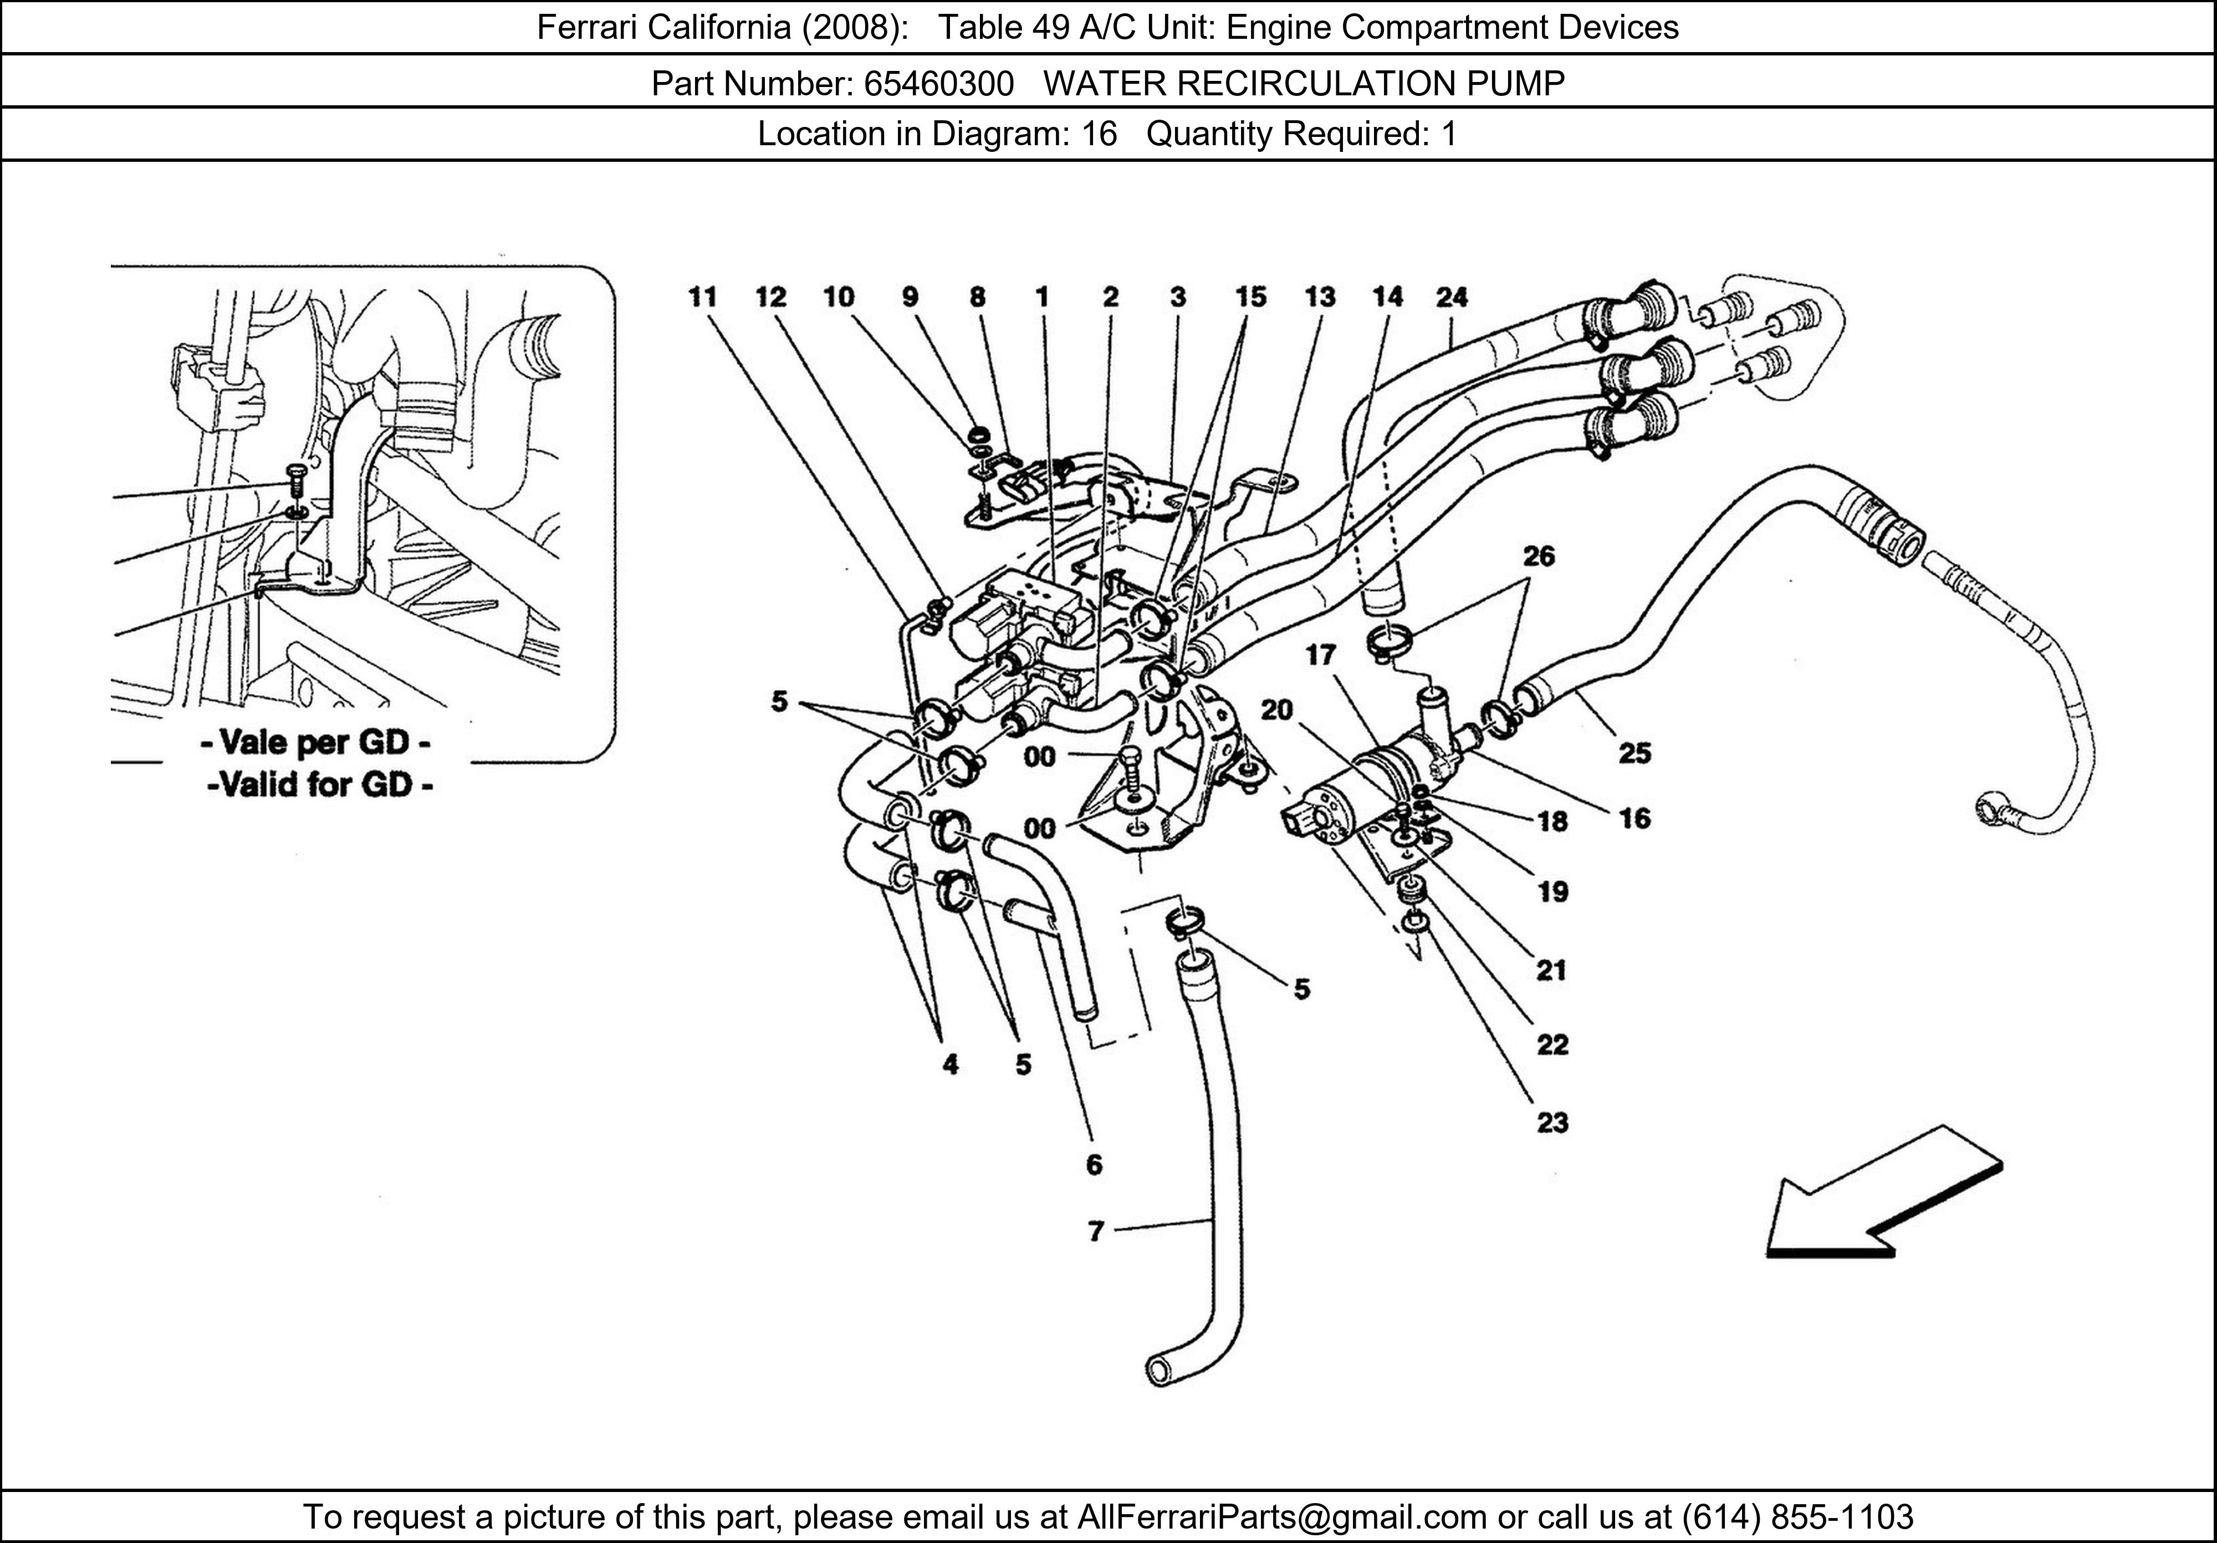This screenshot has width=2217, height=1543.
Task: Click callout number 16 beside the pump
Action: [x=1634, y=819]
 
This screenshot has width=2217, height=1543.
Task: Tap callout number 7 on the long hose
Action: [x=1095, y=1231]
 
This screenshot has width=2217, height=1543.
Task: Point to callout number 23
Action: [x=1552, y=1123]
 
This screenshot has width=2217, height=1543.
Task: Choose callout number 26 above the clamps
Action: [x=1539, y=555]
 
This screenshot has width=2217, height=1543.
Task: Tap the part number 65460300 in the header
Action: [x=938, y=84]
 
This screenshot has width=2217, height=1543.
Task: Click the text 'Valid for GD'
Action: [x=320, y=784]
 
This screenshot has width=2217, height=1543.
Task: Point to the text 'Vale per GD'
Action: [x=316, y=743]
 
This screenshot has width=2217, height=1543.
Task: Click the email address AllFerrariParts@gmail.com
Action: [x=1281, y=1517]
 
